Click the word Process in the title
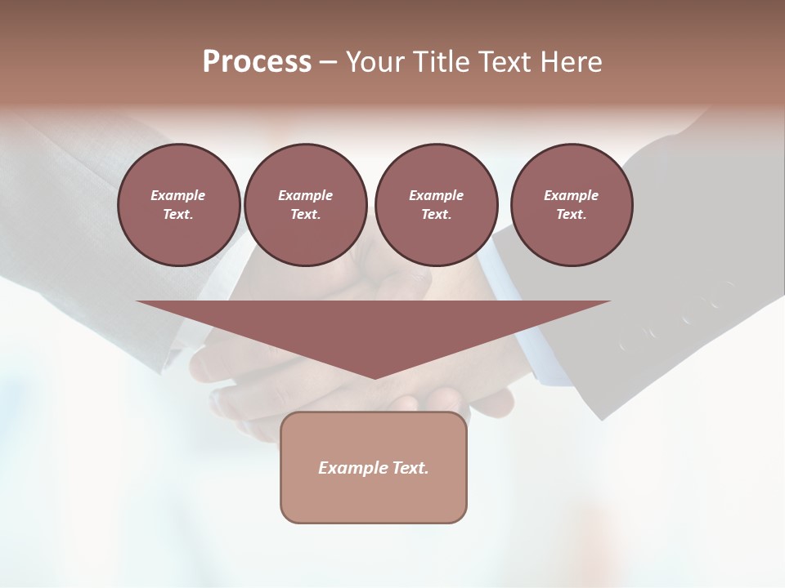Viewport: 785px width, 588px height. [x=257, y=62]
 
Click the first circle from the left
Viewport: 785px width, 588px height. [x=178, y=205]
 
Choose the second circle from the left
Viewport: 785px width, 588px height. [x=305, y=205]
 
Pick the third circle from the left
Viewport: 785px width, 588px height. [x=436, y=205]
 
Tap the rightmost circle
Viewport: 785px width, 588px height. [x=571, y=205]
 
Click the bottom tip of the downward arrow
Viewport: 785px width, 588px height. [x=375, y=376]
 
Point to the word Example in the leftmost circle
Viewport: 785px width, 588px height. [x=178, y=195]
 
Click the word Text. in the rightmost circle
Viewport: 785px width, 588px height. [x=571, y=215]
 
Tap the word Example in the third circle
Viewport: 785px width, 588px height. [x=436, y=195]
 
